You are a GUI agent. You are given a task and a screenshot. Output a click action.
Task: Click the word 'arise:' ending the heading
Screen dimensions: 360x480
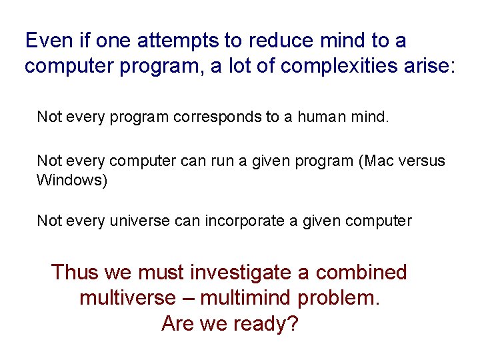pyautogui.click(x=425, y=67)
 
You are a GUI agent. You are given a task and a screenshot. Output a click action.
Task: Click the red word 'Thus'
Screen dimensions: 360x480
pyautogui.click(x=74, y=273)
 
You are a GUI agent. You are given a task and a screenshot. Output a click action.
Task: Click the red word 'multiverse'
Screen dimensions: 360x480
pyautogui.click(x=138, y=298)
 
